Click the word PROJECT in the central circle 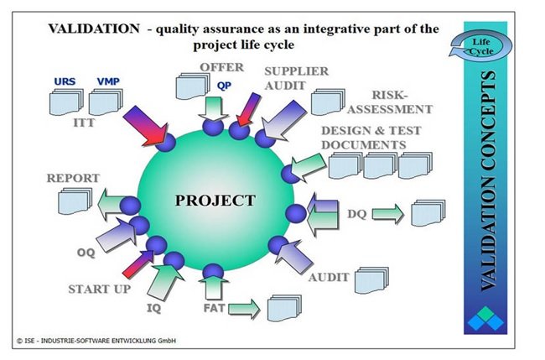pos(215,201)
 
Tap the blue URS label pos(65,81)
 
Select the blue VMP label pos(108,81)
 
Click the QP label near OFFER pos(224,86)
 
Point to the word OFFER pos(221,67)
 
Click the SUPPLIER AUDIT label pos(297,78)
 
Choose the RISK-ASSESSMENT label pos(390,102)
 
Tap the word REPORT pos(73,178)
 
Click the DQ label pos(357,214)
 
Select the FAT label pos(214,308)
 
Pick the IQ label pos(153,308)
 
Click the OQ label pos(86,253)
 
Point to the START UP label pos(100,289)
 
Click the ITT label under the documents pos(84,123)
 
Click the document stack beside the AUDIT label pos(371,280)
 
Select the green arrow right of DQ pos(388,214)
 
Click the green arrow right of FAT pos(244,308)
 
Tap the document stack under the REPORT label pos(75,201)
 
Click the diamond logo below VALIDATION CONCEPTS pos(485,319)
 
